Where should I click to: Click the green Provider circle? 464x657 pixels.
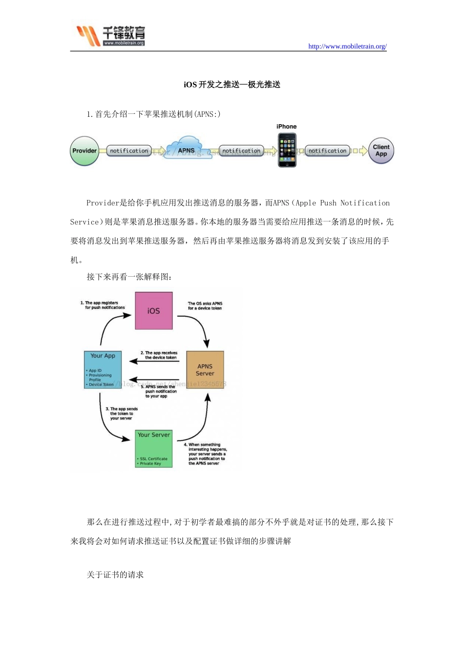(84, 151)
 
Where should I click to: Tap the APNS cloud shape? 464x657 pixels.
(186, 149)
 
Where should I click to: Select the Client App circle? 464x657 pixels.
(381, 151)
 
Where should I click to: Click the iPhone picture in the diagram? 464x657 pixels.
(287, 151)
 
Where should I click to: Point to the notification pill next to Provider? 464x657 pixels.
(129, 151)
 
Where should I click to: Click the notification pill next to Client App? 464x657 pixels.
(327, 151)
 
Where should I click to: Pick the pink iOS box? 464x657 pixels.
(153, 311)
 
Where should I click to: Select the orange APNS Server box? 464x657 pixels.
(205, 370)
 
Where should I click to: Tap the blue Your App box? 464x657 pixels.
(103, 370)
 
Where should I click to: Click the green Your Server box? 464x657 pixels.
(154, 449)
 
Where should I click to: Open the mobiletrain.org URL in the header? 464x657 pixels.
(347, 46)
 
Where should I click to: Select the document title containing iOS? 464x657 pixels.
(232, 85)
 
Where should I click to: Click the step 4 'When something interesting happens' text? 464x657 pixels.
(207, 454)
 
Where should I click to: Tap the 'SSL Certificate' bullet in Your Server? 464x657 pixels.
(153, 459)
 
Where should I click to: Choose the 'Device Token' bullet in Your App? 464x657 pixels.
(101, 385)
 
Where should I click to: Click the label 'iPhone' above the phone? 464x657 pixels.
(287, 127)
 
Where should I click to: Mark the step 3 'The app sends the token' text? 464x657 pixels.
(122, 414)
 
